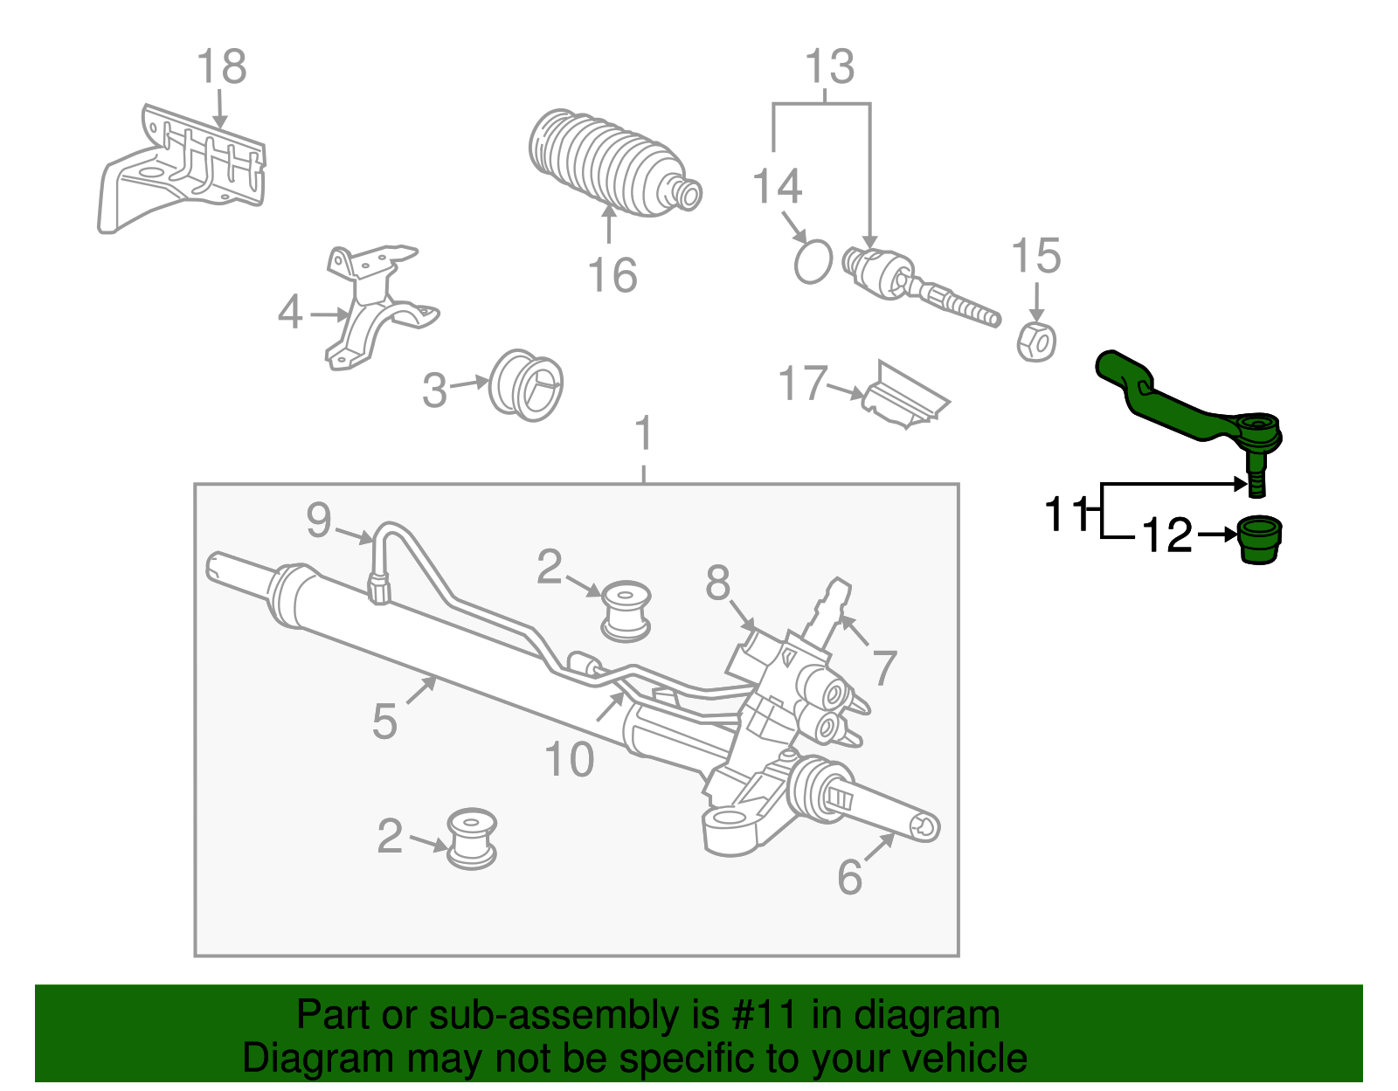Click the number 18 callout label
[x=221, y=67]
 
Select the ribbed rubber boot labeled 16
[x=612, y=164]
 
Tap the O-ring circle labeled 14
[x=813, y=261]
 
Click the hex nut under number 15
[x=1036, y=341]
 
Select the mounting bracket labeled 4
[x=376, y=306]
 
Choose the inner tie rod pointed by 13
[x=917, y=289]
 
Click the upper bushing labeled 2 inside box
[x=626, y=610]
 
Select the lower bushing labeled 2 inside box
[x=472, y=838]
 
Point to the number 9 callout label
[x=319, y=521]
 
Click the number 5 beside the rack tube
[x=384, y=722]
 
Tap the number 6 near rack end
[x=849, y=877]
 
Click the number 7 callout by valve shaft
[x=884, y=668]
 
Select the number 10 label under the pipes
[x=569, y=760]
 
